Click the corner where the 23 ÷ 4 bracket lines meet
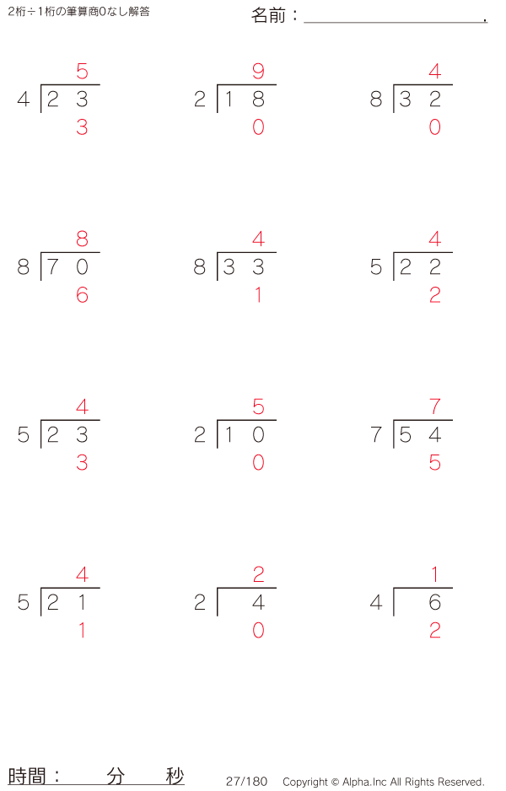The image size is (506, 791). [x=40, y=84]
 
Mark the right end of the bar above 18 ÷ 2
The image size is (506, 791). [x=276, y=84]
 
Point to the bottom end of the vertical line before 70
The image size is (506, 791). [x=40, y=281]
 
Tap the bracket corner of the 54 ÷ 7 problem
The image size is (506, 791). [x=394, y=420]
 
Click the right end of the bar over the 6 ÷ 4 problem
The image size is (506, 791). [x=453, y=588]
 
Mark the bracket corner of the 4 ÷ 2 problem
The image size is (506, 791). [x=218, y=588]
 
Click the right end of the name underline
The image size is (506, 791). [x=487, y=22]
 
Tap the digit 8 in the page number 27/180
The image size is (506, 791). [x=254, y=782]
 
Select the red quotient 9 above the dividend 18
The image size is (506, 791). [x=258, y=71]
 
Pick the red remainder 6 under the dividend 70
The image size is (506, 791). [x=82, y=294]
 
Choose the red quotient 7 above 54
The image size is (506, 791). [x=435, y=406]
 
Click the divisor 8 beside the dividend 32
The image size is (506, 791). [x=376, y=99]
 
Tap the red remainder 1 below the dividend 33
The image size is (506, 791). [x=258, y=294]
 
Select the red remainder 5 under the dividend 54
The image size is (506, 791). [x=435, y=463]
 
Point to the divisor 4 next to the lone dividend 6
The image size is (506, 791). [x=376, y=602]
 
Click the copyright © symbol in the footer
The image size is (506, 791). [x=335, y=782]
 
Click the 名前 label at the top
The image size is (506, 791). [x=268, y=16]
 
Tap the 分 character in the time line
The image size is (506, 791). [x=116, y=775]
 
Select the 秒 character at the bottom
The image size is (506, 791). [x=175, y=775]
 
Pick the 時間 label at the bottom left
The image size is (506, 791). [x=27, y=775]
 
